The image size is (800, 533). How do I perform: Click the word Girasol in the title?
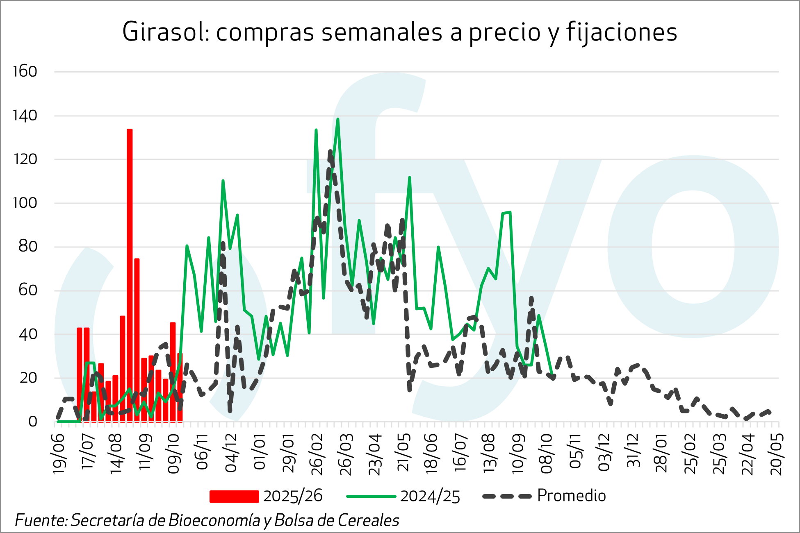(166, 32)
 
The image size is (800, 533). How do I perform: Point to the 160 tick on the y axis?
(25, 72)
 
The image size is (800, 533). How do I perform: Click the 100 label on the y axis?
(25, 203)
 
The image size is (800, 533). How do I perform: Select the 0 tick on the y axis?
(32, 422)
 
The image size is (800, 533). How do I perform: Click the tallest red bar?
(130, 274)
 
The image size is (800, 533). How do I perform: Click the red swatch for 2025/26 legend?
(234, 496)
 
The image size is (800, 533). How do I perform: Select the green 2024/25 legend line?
(371, 496)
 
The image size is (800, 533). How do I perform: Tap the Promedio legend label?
(571, 496)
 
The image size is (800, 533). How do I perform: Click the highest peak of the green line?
(337, 119)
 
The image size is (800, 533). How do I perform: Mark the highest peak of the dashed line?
(330, 152)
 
